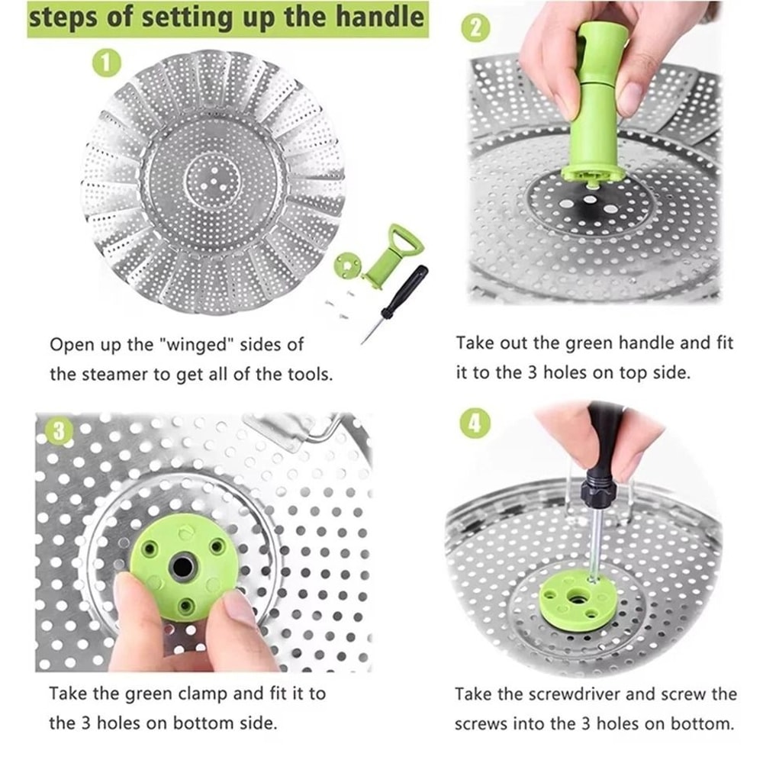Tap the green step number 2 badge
475,28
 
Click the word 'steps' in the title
64,18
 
